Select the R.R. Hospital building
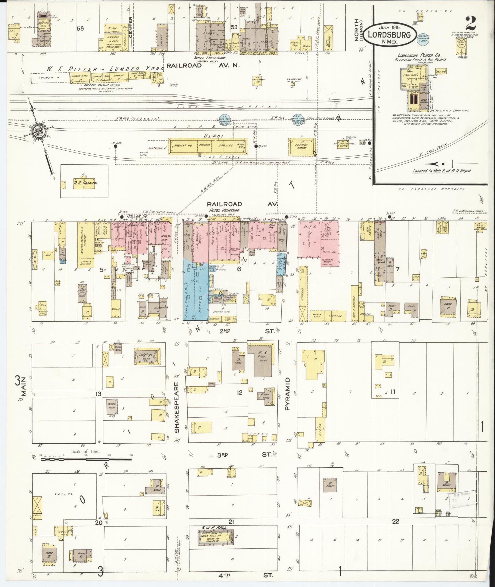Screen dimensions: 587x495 tap(85, 183)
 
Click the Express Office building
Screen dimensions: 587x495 tap(301, 145)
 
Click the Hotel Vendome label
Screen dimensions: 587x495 tap(224, 210)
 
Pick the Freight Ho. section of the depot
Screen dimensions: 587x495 tap(183, 145)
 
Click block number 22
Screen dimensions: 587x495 tap(395, 521)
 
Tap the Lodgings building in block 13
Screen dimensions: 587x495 tap(146, 357)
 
